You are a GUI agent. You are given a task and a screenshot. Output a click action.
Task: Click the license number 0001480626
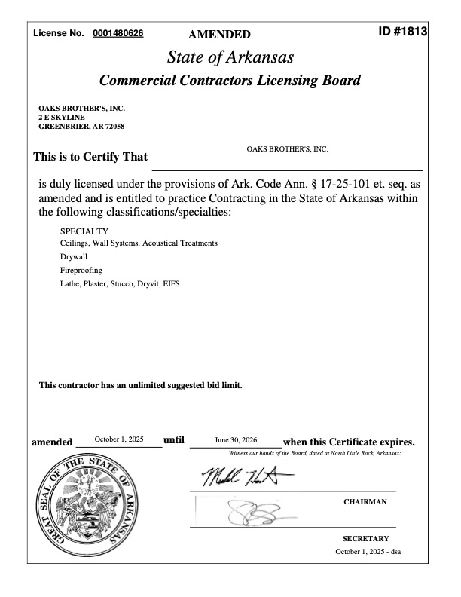118,33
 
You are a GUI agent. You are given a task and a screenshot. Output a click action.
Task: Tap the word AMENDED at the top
219,34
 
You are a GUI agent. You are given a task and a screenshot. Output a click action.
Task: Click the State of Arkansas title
230,57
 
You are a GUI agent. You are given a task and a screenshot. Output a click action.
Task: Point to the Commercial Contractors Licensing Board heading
230,81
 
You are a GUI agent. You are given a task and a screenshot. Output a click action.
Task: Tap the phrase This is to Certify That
90,158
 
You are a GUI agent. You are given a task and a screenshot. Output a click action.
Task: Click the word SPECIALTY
84,231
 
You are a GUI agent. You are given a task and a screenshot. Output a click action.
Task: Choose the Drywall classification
73,256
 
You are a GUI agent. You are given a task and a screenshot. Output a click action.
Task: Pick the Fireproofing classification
81,270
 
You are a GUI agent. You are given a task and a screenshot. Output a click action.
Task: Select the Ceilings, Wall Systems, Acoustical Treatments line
139,243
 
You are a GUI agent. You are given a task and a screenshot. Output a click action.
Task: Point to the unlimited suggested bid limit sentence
141,385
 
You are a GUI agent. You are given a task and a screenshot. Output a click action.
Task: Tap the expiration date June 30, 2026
236,439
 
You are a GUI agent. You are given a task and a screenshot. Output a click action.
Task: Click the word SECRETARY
366,539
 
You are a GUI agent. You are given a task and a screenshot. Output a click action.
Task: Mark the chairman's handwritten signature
239,476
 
